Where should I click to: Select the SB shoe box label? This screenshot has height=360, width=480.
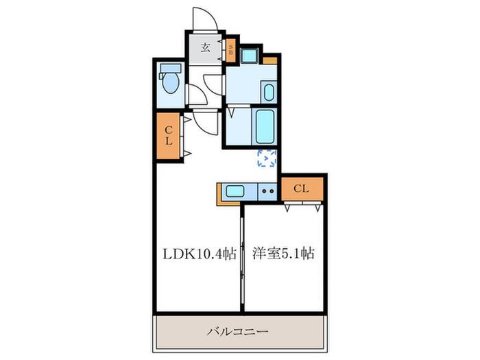coord(231,49)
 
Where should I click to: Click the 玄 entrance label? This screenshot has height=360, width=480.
coord(206,49)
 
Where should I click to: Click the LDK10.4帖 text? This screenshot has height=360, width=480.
coord(199,254)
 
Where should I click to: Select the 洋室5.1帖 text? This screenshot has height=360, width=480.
coord(282,254)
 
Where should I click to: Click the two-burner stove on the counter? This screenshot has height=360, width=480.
coord(268,192)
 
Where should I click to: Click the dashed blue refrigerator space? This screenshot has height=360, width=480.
coord(266,158)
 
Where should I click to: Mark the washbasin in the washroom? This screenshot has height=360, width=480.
coord(268,92)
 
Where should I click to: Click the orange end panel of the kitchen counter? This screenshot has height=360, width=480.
coord(221,194)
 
